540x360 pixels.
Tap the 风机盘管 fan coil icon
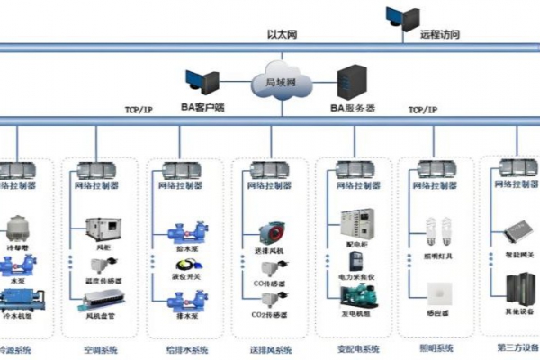pyautogui.click(x=97, y=302)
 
